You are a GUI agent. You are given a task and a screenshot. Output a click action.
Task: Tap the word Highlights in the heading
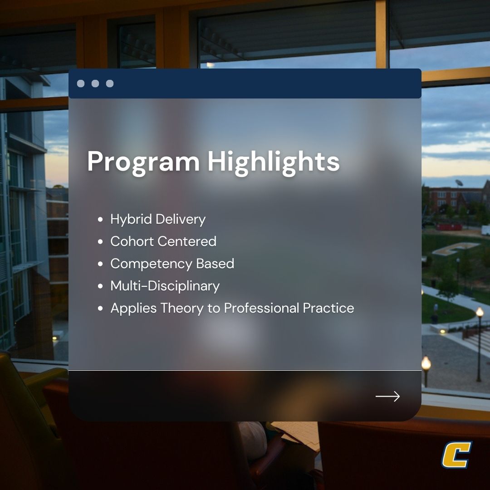[x=274, y=162]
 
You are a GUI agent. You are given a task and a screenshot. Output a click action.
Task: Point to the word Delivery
[x=181, y=219]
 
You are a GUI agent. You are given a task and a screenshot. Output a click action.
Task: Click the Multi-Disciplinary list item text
[x=165, y=286]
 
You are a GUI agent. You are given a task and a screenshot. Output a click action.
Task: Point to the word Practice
[x=328, y=308]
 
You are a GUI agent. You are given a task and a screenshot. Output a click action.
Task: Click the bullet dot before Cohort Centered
[x=100, y=242]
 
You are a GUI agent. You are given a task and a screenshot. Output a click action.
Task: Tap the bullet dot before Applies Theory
[x=100, y=309]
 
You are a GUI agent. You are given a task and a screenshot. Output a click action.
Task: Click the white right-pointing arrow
[x=387, y=397]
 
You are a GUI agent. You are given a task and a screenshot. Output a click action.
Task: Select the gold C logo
[x=456, y=455]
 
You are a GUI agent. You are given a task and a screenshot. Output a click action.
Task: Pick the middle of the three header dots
[x=95, y=83]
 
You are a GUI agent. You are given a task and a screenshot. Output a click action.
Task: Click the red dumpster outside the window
[x=449, y=226]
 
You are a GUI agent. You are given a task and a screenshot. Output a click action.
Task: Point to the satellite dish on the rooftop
[x=459, y=183]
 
